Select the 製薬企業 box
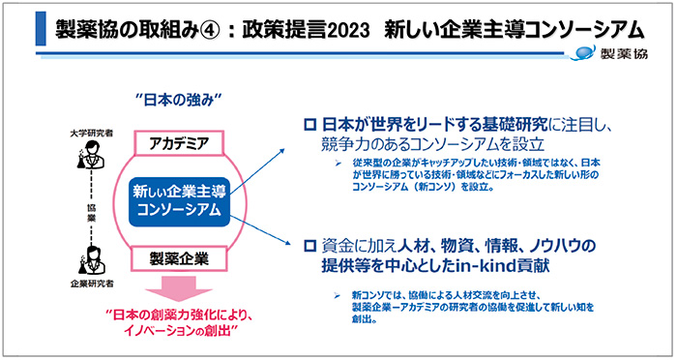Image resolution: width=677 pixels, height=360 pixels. (178, 259)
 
